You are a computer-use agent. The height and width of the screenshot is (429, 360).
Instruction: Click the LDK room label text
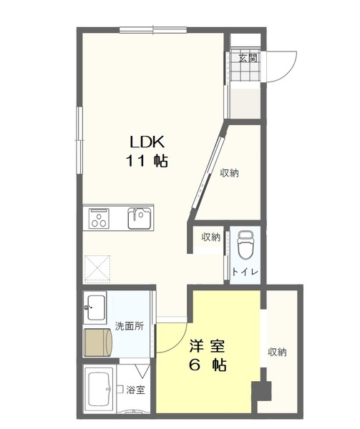pos(147,141)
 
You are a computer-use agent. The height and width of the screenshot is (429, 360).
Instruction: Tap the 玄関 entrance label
pos(247,58)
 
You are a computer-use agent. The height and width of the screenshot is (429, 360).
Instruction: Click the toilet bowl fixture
pos(244,245)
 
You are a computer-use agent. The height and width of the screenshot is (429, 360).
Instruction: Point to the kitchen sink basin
pos(140,217)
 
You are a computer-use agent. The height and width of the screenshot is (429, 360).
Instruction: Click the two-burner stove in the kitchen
pos(99,218)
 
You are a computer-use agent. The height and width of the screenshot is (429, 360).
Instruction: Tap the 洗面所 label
pos(130,326)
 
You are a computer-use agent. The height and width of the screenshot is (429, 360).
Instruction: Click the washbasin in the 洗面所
pos(95,310)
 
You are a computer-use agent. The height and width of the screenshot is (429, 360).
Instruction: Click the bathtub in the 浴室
pos(99,390)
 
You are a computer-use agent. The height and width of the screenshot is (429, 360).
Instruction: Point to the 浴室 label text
pos(136,390)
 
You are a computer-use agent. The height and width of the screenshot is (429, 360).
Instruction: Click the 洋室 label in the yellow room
pos(208,347)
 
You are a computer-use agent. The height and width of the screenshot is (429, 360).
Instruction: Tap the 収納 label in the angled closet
pos(229,172)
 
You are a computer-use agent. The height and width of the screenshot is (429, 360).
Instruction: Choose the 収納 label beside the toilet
pos(210,237)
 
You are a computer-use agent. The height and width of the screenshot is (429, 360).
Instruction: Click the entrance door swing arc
pos(283,64)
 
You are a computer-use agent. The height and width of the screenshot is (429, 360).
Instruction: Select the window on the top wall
pos(152,29)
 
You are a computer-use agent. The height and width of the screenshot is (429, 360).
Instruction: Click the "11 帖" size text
pos(147,162)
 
